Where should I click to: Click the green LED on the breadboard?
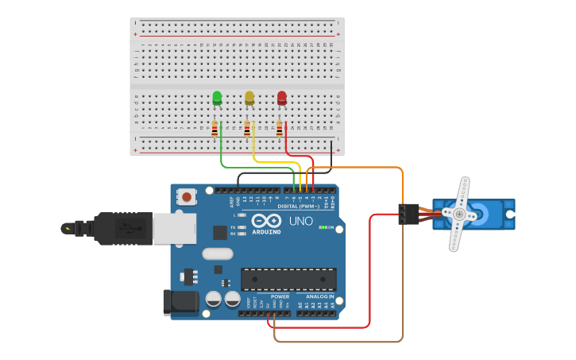pos(217,98)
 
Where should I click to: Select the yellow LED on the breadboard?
pos(249,98)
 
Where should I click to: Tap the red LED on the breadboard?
pos(282,98)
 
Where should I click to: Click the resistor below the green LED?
pos(215,128)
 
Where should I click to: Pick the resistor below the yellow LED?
pos(247,128)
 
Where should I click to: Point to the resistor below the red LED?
pos(280,128)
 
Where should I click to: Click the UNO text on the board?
pos(300,221)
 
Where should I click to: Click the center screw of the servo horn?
pos(458,214)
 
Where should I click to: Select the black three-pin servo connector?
pos(408,214)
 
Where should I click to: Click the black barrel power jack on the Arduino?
pos(178,302)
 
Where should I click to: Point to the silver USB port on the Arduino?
pos(174,229)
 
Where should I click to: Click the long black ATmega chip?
pos(288,279)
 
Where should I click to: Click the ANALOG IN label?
pos(320,296)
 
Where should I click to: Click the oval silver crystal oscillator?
pos(218,254)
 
